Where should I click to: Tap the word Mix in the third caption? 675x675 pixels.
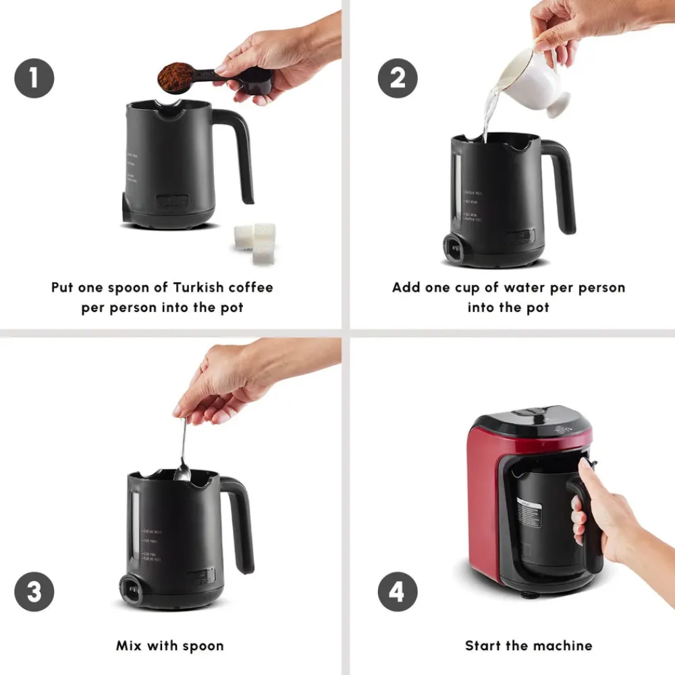(x=130, y=646)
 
